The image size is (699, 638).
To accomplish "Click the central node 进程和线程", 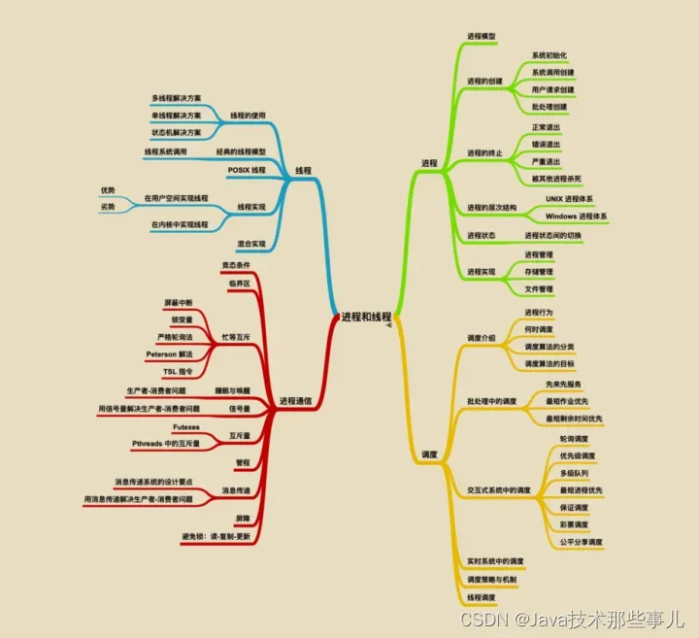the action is click(x=366, y=317).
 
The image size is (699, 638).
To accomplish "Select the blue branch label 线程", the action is click(x=303, y=169).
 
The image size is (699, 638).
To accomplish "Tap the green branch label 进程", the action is click(x=429, y=162).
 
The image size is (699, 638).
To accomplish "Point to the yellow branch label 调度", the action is click(x=429, y=453).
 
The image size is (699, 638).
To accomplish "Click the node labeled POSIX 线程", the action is click(x=247, y=169).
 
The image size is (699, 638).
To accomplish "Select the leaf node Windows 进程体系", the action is click(x=576, y=215).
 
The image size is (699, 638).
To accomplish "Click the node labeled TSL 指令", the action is click(x=177, y=371).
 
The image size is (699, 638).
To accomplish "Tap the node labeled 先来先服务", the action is click(x=563, y=384).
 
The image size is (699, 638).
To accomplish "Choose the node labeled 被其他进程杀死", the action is click(x=556, y=179).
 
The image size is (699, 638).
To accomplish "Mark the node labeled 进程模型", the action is click(x=482, y=36).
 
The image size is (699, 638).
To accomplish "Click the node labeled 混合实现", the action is click(x=250, y=244).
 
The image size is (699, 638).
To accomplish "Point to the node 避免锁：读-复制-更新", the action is click(x=216, y=536).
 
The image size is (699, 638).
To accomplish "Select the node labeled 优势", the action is click(x=108, y=189).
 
